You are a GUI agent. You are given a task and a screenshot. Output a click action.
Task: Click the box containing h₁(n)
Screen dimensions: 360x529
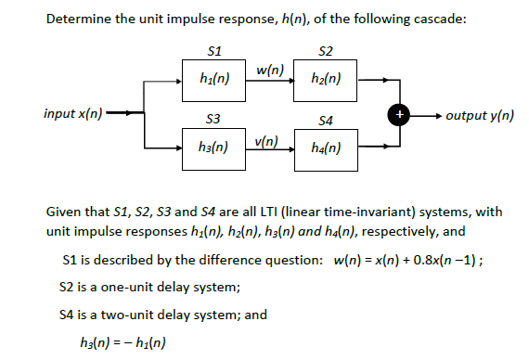pos(215,80)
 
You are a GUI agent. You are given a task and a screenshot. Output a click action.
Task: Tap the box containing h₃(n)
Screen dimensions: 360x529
pos(215,147)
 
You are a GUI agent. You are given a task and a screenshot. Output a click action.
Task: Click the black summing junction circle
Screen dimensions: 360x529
pos(401,114)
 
